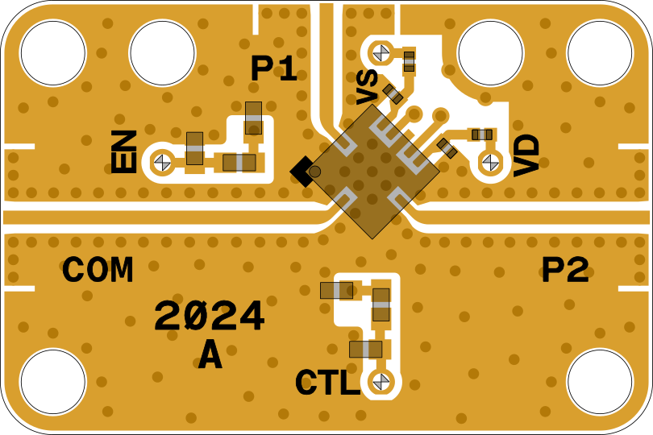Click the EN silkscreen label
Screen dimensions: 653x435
click(123, 151)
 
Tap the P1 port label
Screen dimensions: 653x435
click(273, 68)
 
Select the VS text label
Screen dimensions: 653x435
click(367, 87)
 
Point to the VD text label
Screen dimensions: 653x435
click(526, 155)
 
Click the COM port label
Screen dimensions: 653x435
click(98, 270)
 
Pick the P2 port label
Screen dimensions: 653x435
click(565, 270)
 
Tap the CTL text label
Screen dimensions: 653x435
click(327, 382)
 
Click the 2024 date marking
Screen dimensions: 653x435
click(209, 316)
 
